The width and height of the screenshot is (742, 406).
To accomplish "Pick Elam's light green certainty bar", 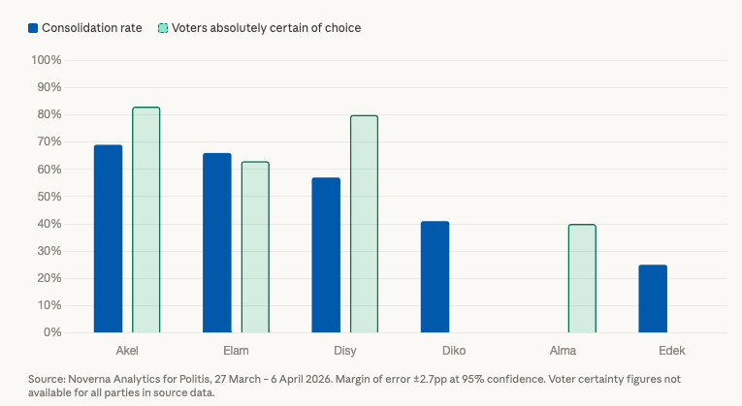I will (255, 247).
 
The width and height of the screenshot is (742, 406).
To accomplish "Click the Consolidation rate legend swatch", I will (33, 28).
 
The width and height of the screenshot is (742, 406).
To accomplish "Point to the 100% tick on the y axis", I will (47, 60).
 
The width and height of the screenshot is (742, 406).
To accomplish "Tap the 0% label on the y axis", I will (52, 332).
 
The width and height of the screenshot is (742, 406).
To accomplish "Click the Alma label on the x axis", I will (563, 350).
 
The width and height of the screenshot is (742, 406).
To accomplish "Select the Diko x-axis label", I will (454, 350).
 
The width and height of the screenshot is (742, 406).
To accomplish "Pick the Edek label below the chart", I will (671, 350).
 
